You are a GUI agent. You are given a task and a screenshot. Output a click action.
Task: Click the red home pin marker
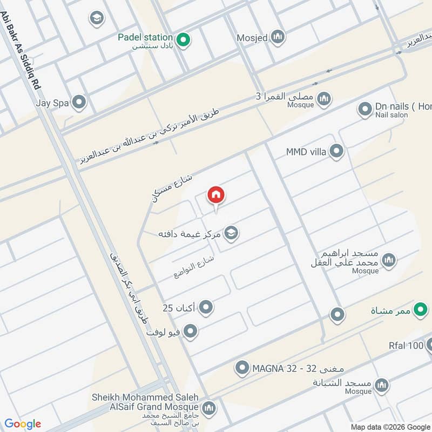tap(216, 195)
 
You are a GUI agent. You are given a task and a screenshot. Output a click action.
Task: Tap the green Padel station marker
tap(183, 40)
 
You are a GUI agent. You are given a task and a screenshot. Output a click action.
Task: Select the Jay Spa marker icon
tap(79, 102)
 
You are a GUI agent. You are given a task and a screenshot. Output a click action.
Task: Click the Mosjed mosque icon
tap(278, 37)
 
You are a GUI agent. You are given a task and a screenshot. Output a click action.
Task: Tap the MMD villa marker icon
tap(336, 151)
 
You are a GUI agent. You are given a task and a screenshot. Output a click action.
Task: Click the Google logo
tap(23, 423)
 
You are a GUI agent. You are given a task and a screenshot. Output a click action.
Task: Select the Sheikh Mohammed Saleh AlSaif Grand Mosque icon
tap(208, 408)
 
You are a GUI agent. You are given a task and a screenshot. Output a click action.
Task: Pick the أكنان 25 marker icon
tap(206, 308)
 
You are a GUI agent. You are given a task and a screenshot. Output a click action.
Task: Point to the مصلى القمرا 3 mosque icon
tap(324, 99)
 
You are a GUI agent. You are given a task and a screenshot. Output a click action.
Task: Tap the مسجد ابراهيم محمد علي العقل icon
tap(388, 261)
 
